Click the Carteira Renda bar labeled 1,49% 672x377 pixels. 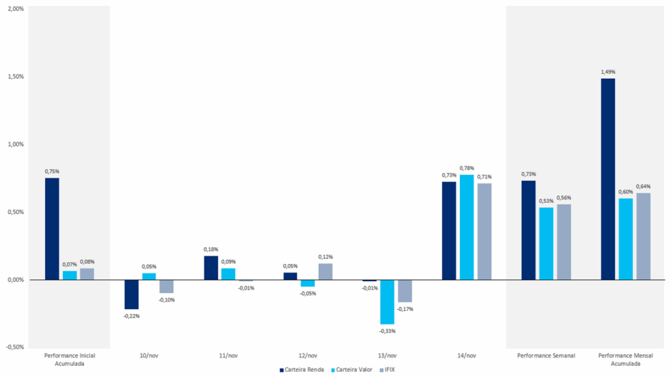click(608, 179)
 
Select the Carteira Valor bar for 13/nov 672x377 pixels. click(387, 301)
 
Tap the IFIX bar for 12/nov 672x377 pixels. click(325, 271)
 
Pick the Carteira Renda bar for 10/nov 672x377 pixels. click(131, 294)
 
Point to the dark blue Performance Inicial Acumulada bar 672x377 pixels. click(52, 229)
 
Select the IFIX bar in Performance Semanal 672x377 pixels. click(564, 242)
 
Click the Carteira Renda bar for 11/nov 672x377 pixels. click(211, 267)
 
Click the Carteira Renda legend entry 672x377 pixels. click(302, 370)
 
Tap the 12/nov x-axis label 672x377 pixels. click(307, 355)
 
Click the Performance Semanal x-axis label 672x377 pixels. click(546, 355)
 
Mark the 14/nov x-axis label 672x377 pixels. click(466, 355)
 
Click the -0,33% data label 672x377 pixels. click(387, 331)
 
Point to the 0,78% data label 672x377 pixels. click(467, 168)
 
